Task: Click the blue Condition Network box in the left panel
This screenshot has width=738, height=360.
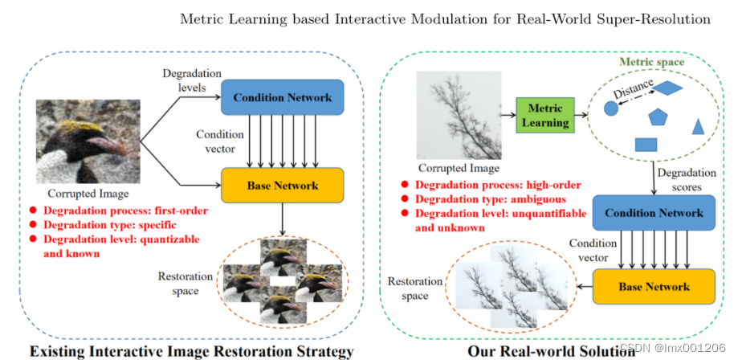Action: [x=282, y=97]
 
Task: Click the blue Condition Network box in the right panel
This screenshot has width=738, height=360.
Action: [x=653, y=213]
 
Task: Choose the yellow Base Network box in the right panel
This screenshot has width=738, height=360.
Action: [x=653, y=286]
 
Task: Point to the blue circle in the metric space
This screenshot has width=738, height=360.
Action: [x=610, y=108]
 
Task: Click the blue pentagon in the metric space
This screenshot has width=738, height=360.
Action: [x=658, y=117]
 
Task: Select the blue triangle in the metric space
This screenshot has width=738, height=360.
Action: [x=698, y=126]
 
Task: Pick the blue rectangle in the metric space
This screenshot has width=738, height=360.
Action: [x=646, y=145]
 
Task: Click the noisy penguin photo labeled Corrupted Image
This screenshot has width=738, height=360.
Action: [x=88, y=142]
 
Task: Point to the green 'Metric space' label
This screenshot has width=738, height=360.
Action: [x=651, y=61]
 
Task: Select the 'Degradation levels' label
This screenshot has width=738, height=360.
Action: [x=182, y=79]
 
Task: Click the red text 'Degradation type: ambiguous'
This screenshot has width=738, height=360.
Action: [x=491, y=198]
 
